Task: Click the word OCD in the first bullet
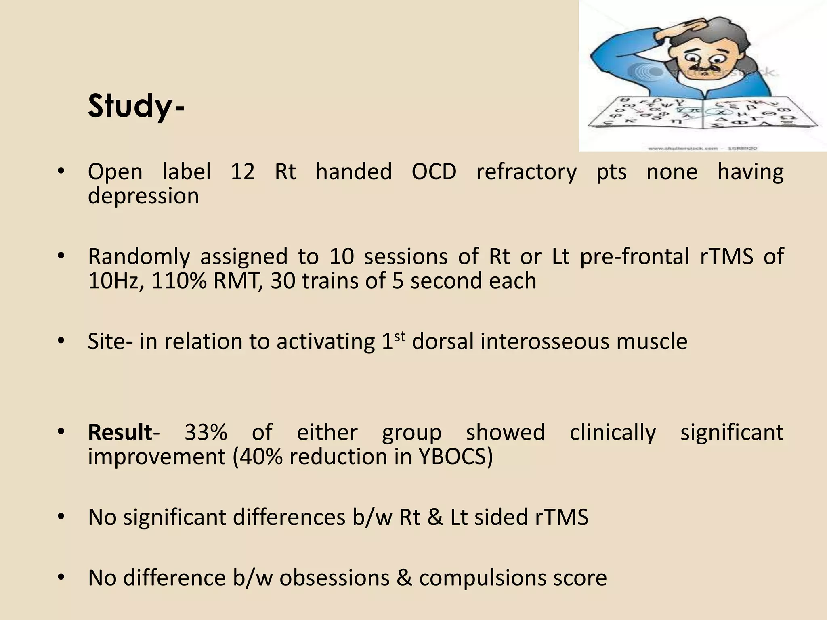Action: click(x=434, y=172)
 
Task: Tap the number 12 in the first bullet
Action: click(x=243, y=172)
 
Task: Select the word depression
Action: click(x=143, y=196)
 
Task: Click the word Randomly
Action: click(x=139, y=257)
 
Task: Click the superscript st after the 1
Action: click(x=399, y=336)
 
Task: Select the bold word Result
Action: click(x=120, y=432)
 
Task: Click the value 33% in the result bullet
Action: click(x=206, y=432)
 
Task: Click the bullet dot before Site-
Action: click(x=61, y=341)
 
